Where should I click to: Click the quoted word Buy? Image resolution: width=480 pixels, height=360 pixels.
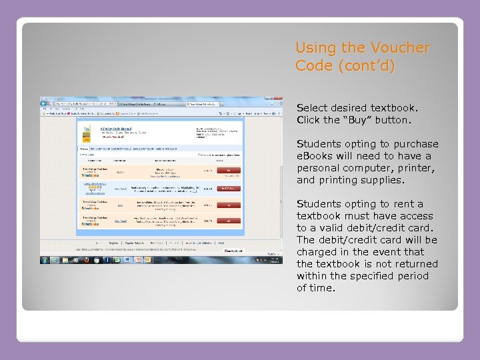click(356, 120)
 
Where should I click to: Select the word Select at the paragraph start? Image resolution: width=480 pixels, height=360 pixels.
click(313, 107)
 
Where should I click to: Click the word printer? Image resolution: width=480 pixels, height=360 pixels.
click(414, 168)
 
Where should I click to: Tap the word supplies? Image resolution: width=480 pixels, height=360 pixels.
click(382, 180)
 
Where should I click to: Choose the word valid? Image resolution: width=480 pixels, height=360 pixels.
click(335, 228)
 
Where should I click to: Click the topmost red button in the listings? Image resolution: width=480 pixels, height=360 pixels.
click(229, 171)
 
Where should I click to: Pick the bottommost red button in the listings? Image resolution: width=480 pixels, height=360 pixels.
click(229, 221)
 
